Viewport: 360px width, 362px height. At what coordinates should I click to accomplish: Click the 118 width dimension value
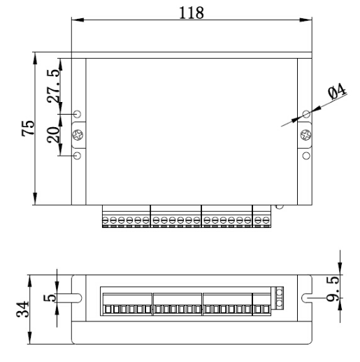(x=192, y=13)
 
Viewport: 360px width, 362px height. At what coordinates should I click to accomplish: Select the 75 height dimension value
(x=28, y=128)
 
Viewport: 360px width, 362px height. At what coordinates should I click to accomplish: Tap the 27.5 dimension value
(x=53, y=86)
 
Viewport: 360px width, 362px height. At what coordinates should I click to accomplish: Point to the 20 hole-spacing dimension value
(x=53, y=135)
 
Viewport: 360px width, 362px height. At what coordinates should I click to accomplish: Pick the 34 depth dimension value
(x=22, y=310)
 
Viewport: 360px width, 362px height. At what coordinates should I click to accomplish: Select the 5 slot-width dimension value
(x=50, y=298)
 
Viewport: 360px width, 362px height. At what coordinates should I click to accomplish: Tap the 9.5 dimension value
(x=333, y=289)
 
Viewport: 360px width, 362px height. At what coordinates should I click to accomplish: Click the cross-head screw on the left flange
(x=78, y=135)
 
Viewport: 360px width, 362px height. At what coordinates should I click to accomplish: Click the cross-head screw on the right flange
(x=305, y=135)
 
